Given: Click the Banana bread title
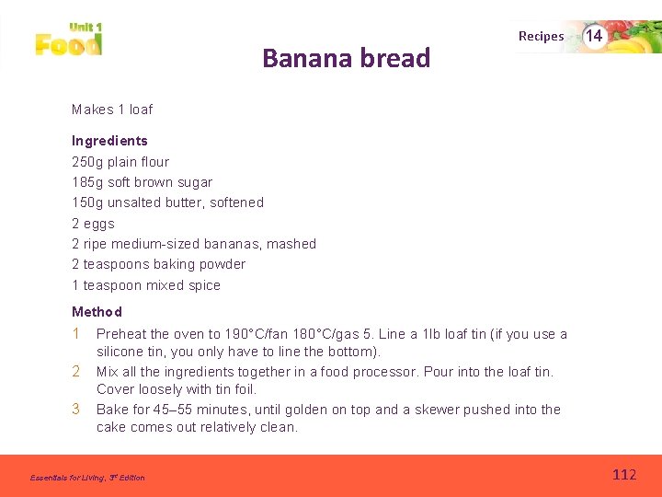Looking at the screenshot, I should click(346, 58).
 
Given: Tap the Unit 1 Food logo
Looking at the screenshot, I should click(69, 39).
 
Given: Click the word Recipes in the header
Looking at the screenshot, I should click(541, 36).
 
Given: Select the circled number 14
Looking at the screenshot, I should click(594, 36).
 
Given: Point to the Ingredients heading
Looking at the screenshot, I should click(109, 141).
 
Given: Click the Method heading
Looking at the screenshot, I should click(97, 312).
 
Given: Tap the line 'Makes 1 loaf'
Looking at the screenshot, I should click(112, 110).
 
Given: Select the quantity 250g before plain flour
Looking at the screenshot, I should click(87, 162).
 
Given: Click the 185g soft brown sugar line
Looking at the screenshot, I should click(142, 182).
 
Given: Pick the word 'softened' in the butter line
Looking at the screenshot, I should click(236, 202).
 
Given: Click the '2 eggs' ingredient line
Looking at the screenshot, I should click(93, 224).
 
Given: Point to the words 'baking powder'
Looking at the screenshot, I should click(201, 264).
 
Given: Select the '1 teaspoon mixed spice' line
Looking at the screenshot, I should click(146, 285).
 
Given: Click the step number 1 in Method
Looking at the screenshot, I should click(76, 334).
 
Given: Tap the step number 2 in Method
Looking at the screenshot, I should click(76, 372).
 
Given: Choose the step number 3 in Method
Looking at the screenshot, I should click(76, 409).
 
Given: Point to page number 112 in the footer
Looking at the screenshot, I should click(624, 475).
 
